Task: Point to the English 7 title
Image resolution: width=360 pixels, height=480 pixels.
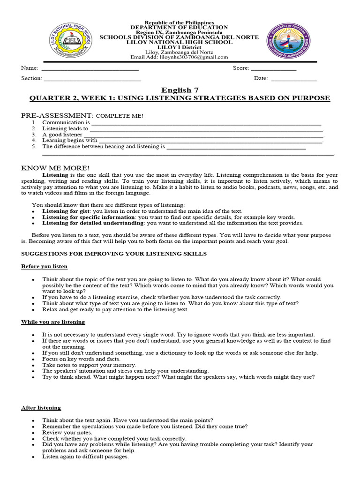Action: [177, 90]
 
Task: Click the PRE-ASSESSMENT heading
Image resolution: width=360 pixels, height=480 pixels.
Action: [58, 115]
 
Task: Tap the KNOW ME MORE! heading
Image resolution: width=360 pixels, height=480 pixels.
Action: [55, 168]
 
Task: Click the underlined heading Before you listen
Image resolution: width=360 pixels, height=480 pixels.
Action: [44, 266]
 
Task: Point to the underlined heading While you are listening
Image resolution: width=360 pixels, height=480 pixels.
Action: [53, 322]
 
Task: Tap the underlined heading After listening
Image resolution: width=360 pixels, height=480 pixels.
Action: [41, 408]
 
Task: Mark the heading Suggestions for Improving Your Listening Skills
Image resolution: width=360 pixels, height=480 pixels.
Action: [114, 254]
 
